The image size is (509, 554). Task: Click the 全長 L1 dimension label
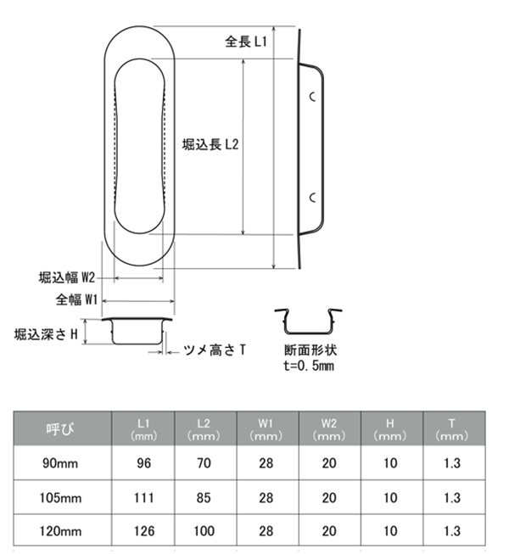point(246,42)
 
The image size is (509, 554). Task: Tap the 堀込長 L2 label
point(210,144)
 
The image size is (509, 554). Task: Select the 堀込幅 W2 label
point(67,277)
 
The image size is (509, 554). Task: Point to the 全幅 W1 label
point(76,300)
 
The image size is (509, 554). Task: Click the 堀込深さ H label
point(46,334)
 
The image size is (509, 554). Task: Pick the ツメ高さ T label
point(215,350)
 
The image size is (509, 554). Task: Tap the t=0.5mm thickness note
point(309,366)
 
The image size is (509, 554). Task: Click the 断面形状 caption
point(310,350)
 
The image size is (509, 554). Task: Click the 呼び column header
point(60,429)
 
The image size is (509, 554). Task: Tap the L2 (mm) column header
point(204,429)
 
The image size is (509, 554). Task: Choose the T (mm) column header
point(452,429)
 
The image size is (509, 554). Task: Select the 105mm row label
point(60,498)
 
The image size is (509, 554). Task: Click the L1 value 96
point(143,463)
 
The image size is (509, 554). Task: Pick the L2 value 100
point(204,531)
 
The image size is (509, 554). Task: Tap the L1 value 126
point(144,531)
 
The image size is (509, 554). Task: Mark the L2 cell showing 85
point(204,498)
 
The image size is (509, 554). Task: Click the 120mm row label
point(60,531)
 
